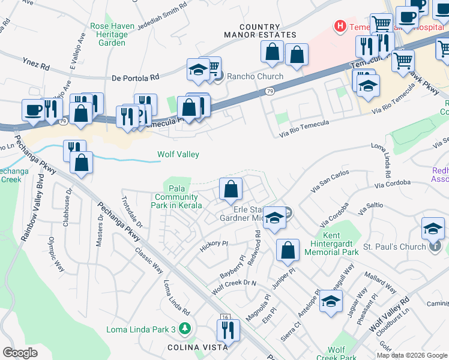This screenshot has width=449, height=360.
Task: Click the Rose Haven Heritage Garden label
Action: coord(108,35)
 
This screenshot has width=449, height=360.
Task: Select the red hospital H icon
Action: coord(340,26)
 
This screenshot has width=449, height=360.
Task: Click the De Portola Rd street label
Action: coord(136,77)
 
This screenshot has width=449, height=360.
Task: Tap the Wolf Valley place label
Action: coord(178,154)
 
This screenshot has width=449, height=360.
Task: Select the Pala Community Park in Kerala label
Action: coord(176,196)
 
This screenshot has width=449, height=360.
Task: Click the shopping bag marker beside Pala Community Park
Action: coord(231,190)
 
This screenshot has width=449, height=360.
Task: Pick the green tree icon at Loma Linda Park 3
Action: coord(185,328)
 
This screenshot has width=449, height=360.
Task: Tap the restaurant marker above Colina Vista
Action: coord(228,330)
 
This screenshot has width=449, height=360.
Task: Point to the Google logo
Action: coord(20,352)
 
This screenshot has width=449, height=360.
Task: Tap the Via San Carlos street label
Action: coord(330,181)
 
